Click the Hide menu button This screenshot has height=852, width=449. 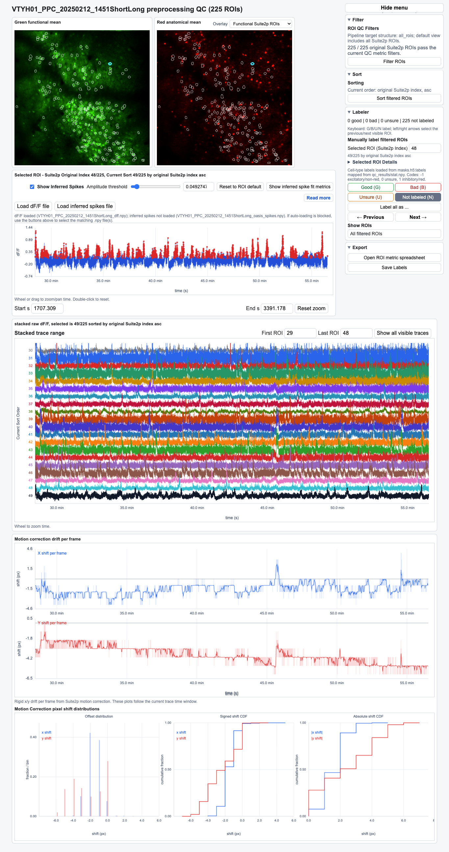[394, 8]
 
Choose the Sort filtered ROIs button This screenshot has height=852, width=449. [394, 98]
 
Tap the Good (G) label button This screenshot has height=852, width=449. [370, 187]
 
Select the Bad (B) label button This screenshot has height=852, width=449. [418, 187]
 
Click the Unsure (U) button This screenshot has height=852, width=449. [370, 197]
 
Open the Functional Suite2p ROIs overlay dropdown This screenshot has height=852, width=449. [261, 24]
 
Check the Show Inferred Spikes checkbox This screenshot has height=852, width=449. [32, 187]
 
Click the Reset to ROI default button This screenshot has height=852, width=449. [240, 187]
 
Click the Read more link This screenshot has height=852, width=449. [318, 198]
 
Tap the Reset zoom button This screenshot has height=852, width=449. [311, 308]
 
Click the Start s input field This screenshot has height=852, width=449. [47, 308]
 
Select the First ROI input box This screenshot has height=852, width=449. [300, 333]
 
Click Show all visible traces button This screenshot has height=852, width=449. [402, 333]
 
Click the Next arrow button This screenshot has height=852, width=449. [418, 217]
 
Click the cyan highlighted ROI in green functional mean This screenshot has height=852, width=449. [110, 63]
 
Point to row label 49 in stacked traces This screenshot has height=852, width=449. [31, 495]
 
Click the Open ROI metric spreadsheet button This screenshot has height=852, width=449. [394, 258]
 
